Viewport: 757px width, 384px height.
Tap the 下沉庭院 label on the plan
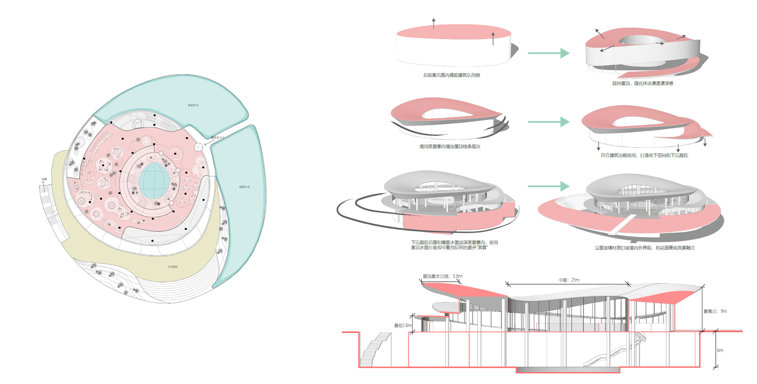pos(172,267)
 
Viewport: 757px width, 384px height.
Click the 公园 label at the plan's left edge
pos(44,179)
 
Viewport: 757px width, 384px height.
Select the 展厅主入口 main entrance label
pos(217,138)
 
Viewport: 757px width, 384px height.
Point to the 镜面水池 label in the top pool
pos(193,105)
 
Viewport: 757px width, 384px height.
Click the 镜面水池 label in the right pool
pos(244,187)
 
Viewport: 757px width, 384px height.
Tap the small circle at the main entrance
pos(198,147)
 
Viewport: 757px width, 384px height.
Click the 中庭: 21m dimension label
pos(569,280)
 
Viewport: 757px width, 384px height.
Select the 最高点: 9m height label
pos(715,311)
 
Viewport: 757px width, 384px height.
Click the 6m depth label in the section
pos(720,350)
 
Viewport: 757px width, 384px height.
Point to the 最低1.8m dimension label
pos(402,325)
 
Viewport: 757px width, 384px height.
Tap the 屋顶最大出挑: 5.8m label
pos(442,276)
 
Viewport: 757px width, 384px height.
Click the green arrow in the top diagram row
pos(548,53)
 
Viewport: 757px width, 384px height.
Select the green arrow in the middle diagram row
pos(548,122)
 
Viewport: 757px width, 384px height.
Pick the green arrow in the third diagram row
pos(548,186)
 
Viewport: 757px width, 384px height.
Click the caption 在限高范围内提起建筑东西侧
pos(451,75)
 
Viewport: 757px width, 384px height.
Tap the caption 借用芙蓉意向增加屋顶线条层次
pos(450,147)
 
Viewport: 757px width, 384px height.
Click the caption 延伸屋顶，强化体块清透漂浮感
pos(643,83)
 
